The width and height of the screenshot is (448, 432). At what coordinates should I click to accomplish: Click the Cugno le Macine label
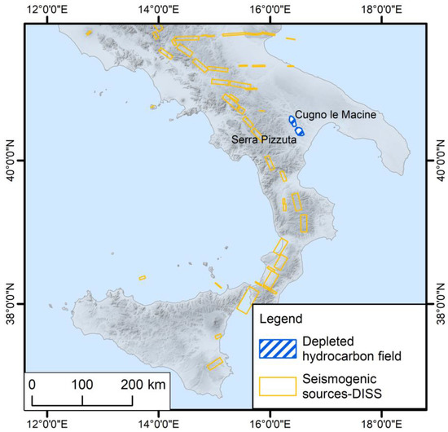click(x=336, y=115)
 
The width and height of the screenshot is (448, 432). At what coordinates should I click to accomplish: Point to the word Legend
click(x=279, y=318)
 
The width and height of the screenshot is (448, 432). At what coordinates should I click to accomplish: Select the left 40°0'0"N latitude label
click(x=11, y=161)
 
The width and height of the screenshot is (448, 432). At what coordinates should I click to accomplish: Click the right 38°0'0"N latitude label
click(x=438, y=304)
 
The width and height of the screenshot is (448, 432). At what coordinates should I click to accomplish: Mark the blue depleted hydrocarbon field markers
click(x=296, y=125)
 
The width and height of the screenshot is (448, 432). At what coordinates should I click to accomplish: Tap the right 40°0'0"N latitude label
click(x=438, y=161)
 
